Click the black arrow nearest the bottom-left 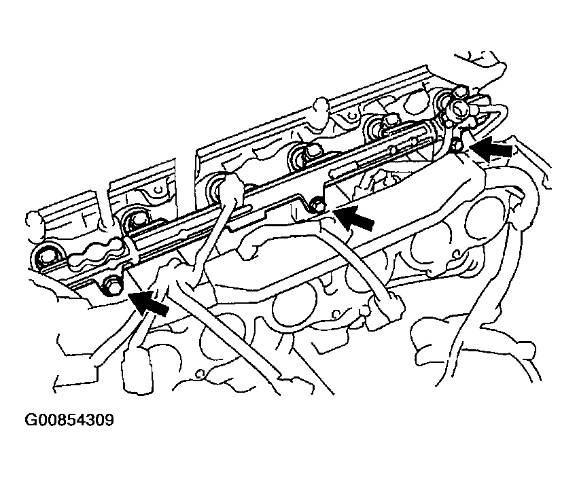(149, 302)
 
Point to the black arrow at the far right (491, 149)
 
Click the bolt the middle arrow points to (317, 204)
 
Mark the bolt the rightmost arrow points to (456, 145)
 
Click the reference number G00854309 (69, 420)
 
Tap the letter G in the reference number (30, 420)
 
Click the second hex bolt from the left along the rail (137, 221)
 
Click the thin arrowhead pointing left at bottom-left (58, 384)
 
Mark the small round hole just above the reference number (199, 374)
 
